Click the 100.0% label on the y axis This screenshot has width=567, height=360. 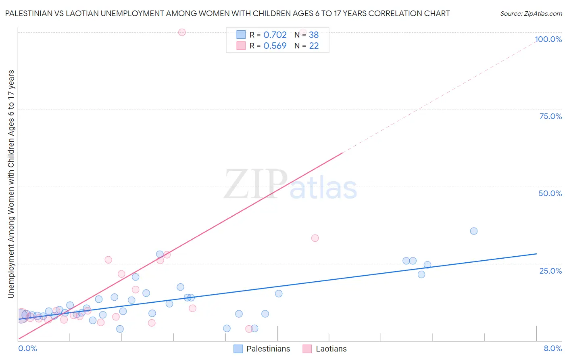548,39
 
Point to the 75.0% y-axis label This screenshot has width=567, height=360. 550,116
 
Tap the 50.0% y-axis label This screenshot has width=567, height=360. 550,193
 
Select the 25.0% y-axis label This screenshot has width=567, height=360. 550,271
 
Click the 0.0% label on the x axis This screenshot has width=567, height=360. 27,348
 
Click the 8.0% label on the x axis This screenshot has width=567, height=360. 552,348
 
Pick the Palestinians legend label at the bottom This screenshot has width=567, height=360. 268,349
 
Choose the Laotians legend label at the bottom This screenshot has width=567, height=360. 331,349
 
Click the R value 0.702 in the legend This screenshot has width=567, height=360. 275,35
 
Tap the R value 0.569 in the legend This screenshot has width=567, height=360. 275,46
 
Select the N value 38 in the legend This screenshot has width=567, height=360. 314,35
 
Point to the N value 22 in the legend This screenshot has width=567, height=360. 314,46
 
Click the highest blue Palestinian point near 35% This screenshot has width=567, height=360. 474,231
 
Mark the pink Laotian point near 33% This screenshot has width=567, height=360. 315,238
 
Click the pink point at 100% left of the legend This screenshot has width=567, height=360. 182,32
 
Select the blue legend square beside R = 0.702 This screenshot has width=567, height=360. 241,35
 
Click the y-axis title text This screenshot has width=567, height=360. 11,184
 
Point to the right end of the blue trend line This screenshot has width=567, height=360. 536,254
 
